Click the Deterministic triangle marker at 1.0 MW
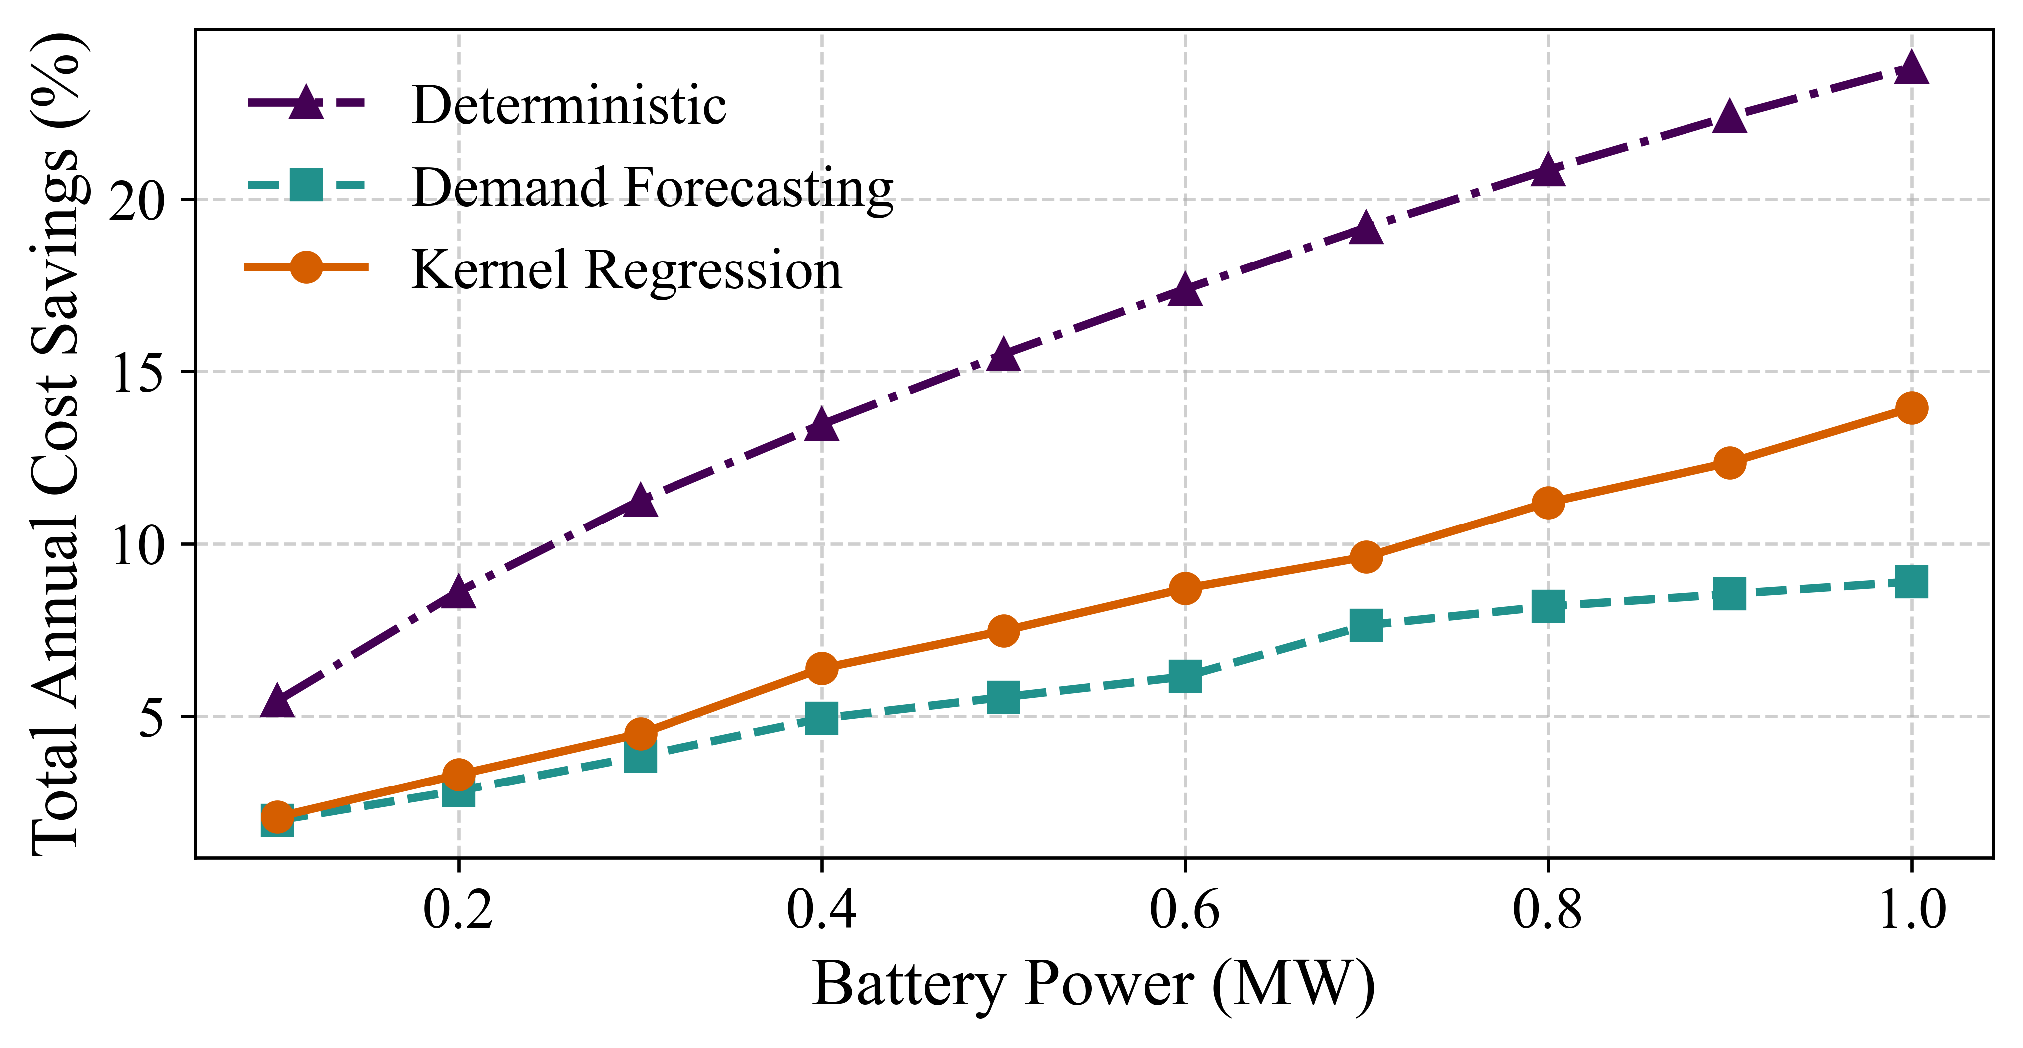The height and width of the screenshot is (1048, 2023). (x=1911, y=69)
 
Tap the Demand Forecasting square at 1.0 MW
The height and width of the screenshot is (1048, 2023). (x=1911, y=582)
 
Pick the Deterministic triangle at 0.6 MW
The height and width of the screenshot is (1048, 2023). (x=1185, y=290)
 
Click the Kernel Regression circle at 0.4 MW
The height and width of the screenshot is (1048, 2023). (x=821, y=668)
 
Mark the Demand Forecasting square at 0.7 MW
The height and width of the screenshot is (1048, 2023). (x=1366, y=626)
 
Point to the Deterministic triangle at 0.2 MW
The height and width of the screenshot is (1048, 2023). (x=459, y=593)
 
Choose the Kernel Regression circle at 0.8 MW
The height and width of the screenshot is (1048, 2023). (x=1548, y=503)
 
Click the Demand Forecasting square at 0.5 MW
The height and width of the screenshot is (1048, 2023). (x=1004, y=696)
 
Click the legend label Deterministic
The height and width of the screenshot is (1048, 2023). (x=569, y=105)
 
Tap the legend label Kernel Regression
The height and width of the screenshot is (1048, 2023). (x=626, y=269)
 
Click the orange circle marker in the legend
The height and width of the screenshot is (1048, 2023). (x=306, y=267)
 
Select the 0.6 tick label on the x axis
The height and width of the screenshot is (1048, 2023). (x=1185, y=911)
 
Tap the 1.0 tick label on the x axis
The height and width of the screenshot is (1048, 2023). (x=1911, y=911)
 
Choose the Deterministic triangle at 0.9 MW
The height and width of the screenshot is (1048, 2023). (x=1729, y=117)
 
